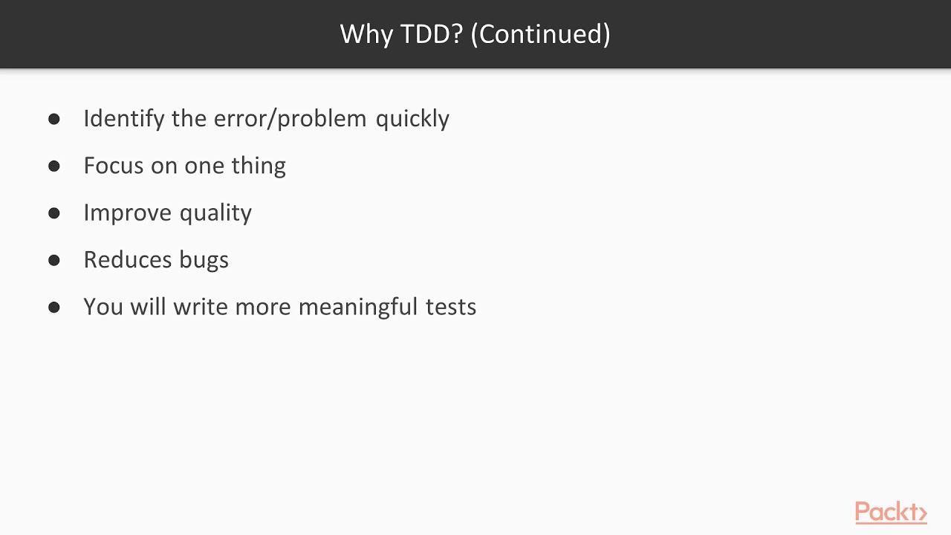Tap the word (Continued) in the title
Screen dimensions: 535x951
[x=541, y=34]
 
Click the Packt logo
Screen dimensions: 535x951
[x=890, y=512]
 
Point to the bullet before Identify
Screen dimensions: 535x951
[x=53, y=119]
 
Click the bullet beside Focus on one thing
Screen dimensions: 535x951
[x=53, y=166]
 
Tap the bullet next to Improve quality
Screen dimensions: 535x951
[x=53, y=213]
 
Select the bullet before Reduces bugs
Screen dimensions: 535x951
[x=53, y=260]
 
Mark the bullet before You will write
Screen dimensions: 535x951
[x=53, y=307]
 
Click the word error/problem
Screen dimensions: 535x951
[x=291, y=119]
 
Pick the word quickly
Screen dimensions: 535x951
[x=412, y=119]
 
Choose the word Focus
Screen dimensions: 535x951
[x=114, y=166]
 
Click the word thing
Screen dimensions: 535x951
[x=258, y=166]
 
